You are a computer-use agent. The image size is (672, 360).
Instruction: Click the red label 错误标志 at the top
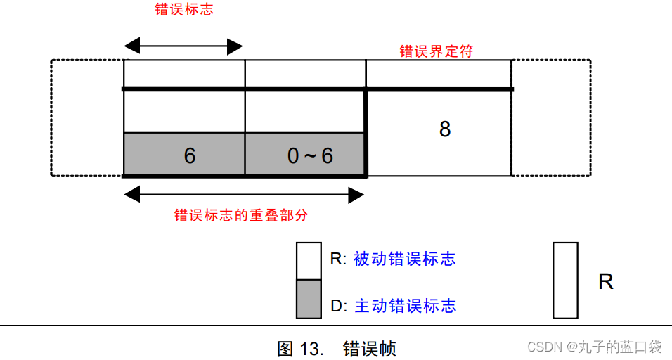point(184,10)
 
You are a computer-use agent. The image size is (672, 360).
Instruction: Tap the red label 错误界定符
point(436,51)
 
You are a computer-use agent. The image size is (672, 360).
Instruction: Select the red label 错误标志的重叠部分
point(241,215)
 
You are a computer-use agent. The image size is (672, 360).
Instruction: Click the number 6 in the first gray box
point(190,155)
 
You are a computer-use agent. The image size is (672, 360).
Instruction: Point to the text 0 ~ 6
point(310,155)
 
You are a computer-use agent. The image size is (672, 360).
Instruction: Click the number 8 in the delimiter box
point(444,129)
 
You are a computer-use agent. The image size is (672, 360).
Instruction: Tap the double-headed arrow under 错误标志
point(183,47)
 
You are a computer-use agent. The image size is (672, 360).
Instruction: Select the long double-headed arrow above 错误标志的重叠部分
point(244,195)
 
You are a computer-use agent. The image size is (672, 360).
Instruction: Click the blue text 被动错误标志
point(404,259)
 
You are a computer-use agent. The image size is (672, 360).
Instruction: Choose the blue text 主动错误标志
point(405,306)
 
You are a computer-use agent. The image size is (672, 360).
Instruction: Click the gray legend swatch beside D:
point(309,299)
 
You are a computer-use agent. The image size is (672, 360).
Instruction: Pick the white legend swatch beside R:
point(309,261)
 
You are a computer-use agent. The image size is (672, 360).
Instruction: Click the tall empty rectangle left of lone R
point(565,281)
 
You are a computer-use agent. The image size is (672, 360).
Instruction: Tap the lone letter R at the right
point(605,282)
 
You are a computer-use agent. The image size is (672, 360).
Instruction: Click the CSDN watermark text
point(595,347)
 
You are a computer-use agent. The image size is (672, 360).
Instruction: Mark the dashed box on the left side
point(86,117)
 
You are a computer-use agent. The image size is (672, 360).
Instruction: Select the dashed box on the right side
point(551,117)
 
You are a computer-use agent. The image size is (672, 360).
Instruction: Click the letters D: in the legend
point(339,307)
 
